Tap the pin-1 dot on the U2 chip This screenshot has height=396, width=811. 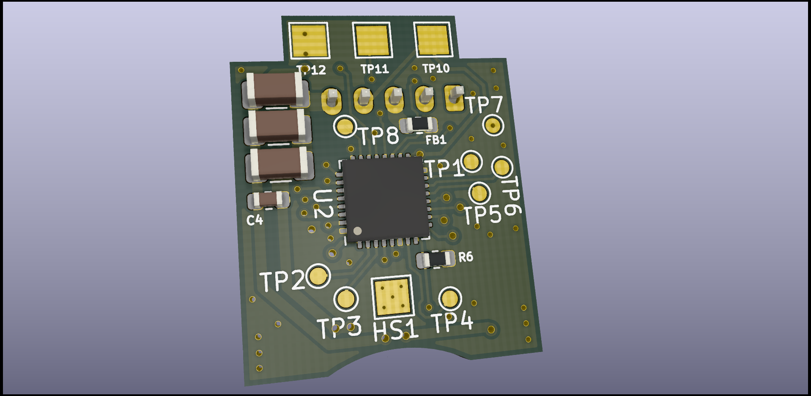357,231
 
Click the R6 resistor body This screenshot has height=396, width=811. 436,259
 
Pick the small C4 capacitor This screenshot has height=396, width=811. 269,199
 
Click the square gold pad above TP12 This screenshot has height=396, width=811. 309,40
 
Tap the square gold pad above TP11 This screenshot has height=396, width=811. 372,40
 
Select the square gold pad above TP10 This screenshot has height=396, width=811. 433,39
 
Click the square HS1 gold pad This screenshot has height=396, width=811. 392,297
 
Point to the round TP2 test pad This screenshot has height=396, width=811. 318,276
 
